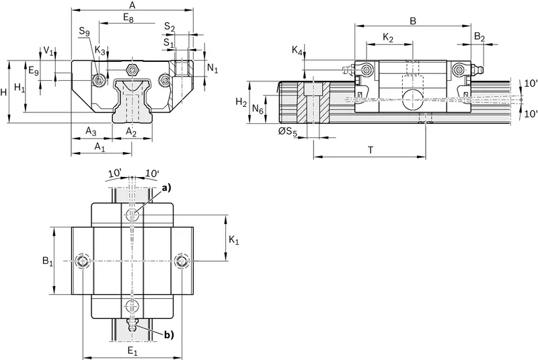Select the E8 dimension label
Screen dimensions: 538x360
tap(128, 17)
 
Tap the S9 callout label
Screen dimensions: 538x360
tap(85, 32)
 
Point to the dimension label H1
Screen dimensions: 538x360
tap(20, 88)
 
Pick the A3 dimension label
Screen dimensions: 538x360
tap(91, 131)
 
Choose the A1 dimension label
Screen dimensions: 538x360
tap(100, 147)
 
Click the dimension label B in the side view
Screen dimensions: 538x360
tap(413, 21)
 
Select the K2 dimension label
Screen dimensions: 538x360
tap(388, 38)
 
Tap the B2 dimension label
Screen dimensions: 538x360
tap(479, 37)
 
